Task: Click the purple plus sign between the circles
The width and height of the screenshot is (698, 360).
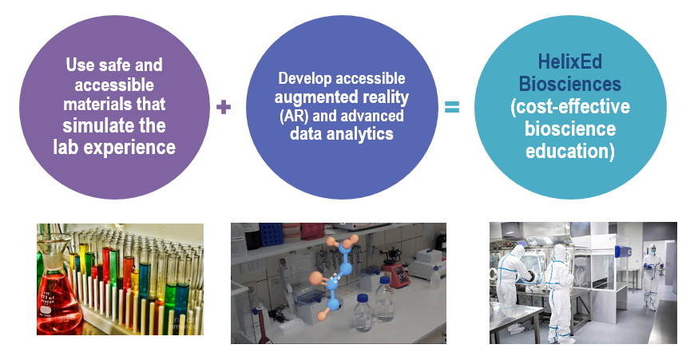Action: [224, 107]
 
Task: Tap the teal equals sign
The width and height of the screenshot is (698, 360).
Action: [452, 107]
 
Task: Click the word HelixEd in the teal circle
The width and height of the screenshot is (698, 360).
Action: [569, 61]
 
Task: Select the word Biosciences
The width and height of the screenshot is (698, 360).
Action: [569, 84]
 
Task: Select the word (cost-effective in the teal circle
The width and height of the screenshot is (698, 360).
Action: [569, 107]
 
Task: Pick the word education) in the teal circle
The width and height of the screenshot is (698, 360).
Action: [569, 150]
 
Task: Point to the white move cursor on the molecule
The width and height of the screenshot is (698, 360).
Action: [336, 277]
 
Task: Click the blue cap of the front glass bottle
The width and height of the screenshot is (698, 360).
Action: [363, 298]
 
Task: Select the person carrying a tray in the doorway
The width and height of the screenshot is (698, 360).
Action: [651, 275]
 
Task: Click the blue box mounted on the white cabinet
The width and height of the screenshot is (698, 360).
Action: [623, 252]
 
